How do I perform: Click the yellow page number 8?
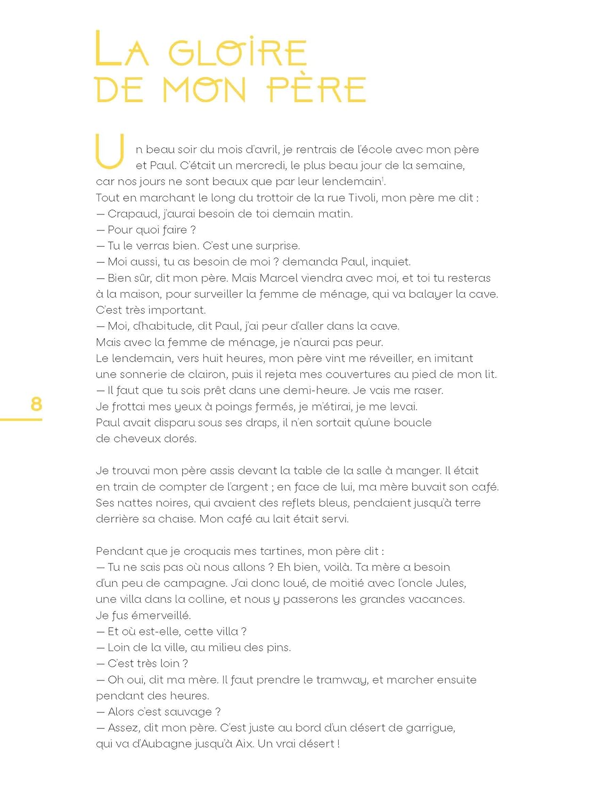[36, 404]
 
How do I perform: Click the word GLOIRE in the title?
[238, 53]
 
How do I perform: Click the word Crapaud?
[129, 214]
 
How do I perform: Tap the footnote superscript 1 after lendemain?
[383, 179]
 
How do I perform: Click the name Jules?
[451, 583]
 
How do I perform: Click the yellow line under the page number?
[21, 420]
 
